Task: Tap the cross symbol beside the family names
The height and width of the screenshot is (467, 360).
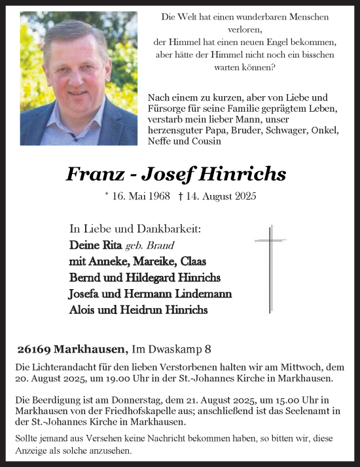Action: [270, 268]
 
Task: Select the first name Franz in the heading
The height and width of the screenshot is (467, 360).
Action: [92, 174]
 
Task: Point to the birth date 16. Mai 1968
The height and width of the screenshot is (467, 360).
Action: [134, 196]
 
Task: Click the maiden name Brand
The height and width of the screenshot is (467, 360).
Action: [160, 246]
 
